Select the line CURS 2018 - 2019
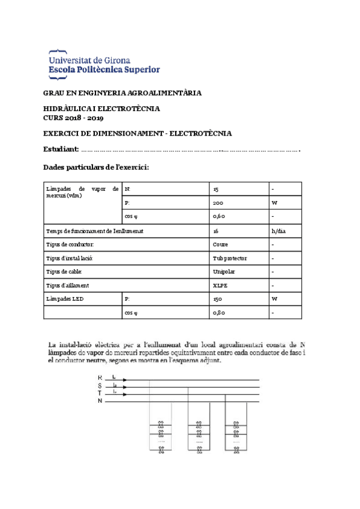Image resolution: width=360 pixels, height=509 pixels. (x=74, y=118)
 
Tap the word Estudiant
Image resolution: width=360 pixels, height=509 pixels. (x=61, y=149)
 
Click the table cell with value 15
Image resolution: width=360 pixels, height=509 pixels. (x=216, y=189)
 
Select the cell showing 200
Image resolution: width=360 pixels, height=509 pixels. (x=218, y=203)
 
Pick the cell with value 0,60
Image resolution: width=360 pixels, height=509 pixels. (x=219, y=217)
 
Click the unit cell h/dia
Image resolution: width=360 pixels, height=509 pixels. (x=279, y=230)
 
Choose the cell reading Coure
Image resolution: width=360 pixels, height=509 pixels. (x=220, y=244)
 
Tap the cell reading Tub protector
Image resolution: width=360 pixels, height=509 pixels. (x=230, y=258)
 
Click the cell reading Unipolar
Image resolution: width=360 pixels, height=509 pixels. (x=224, y=271)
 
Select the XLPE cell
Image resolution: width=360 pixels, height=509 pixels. (x=220, y=285)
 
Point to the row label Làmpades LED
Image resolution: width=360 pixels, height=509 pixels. (x=65, y=298)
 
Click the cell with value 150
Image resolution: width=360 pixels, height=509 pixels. (x=218, y=298)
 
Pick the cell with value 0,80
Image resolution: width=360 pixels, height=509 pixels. (x=219, y=313)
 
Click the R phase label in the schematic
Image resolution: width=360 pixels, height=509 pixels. (x=100, y=378)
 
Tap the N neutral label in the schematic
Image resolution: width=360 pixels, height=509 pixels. (x=100, y=400)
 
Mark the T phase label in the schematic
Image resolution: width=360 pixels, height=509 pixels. (x=100, y=393)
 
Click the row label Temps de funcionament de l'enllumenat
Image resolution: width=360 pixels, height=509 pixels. (x=94, y=230)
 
